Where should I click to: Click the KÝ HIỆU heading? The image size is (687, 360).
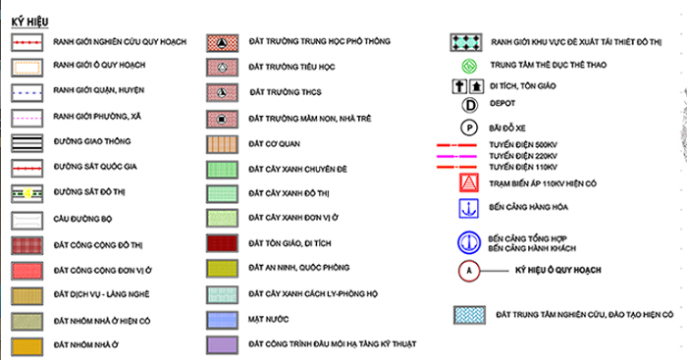29,22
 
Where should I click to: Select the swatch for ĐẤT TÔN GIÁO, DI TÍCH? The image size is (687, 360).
222,243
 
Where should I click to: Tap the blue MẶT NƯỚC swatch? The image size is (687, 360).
222,320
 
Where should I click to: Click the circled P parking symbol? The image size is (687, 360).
469,128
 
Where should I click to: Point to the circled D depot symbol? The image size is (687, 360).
470,105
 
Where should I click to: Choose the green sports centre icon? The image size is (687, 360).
469,66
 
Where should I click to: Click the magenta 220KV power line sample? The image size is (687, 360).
456,156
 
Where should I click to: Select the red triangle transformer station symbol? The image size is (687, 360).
469,183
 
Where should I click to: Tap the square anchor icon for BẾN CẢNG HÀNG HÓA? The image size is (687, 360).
469,209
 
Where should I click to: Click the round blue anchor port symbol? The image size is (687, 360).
469,242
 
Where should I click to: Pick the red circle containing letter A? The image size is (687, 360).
469,271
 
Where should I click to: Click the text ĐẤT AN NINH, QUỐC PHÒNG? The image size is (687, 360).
298,267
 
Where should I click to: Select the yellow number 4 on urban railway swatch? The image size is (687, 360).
27,193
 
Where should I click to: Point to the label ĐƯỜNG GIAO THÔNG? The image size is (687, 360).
92,141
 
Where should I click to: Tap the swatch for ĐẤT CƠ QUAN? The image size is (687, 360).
222,144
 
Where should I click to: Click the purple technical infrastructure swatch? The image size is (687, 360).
222,345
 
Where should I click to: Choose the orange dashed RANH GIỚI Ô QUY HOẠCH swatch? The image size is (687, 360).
27,68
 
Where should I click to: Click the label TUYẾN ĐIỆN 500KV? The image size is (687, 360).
523,145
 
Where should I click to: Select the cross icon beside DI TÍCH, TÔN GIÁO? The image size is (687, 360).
459,86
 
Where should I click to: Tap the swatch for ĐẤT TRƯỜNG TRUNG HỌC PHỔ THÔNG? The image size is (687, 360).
222,43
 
